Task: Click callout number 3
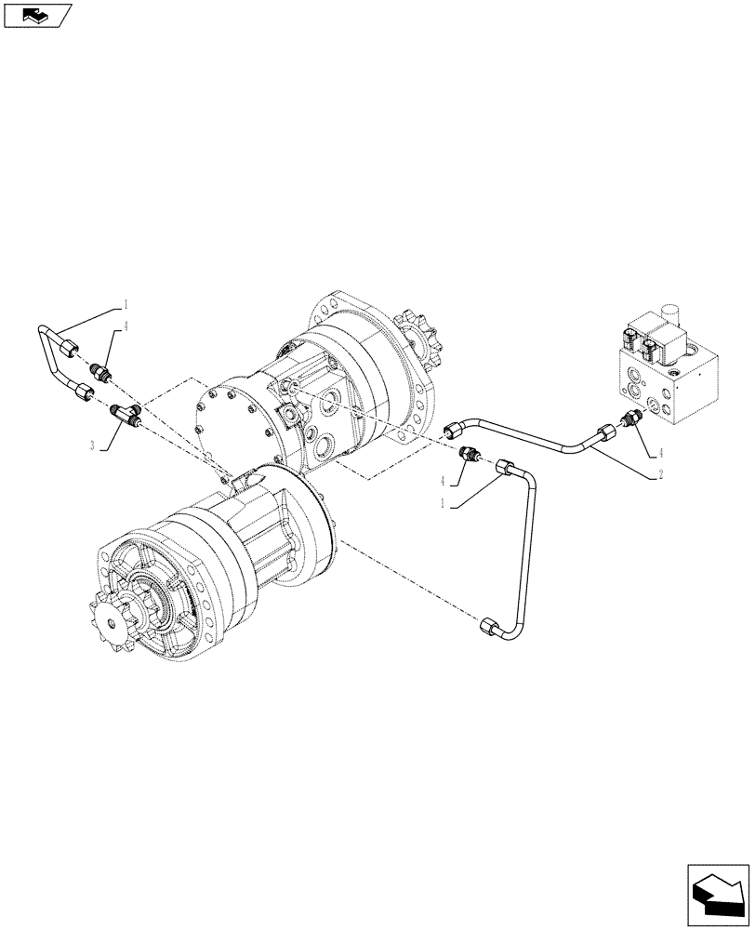coord(93,446)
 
